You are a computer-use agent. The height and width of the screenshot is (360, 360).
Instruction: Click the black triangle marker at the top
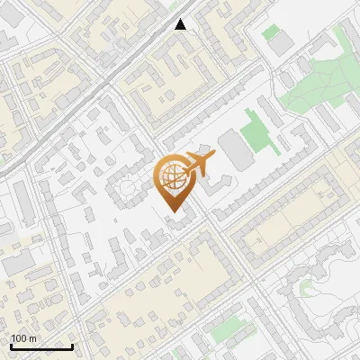coord(181,24)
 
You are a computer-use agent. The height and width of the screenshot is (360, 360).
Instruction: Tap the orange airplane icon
coord(197,165)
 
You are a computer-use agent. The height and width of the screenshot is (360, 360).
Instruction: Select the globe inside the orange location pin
coord(173,178)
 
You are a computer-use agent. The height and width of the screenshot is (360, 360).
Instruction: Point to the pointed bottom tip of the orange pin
coord(174,211)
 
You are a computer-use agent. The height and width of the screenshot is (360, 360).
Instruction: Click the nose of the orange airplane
coord(214,157)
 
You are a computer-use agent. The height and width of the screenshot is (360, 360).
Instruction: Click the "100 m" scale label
coord(24,338)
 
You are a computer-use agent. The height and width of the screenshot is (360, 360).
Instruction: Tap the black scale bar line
coord(41,346)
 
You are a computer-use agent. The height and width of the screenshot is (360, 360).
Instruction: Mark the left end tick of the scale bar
coord(11,346)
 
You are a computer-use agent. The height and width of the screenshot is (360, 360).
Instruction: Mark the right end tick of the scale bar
coord(72,346)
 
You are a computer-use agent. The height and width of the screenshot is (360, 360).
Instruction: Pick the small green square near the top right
coord(270,31)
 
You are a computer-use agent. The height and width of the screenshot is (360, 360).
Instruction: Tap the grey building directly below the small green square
coord(283,43)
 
